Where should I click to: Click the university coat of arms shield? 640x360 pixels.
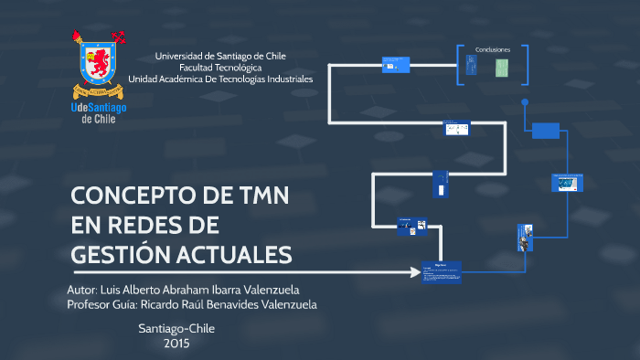[98, 64]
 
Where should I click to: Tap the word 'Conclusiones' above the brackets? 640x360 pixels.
[492, 49]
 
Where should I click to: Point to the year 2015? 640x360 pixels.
[176, 344]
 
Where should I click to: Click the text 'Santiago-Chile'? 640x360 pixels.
[176, 328]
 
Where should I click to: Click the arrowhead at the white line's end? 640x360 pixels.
[413, 272]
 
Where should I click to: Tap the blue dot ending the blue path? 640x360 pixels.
[524, 102]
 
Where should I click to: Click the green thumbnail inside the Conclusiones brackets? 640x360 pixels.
[502, 67]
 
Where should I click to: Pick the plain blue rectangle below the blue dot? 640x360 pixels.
[545, 131]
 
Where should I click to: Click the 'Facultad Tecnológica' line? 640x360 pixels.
[220, 68]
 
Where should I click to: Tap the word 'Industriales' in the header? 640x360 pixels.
[285, 79]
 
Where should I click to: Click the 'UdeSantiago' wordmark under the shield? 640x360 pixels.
[99, 107]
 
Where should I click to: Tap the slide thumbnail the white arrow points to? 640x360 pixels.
[441, 272]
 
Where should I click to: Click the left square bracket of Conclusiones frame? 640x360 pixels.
[460, 66]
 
